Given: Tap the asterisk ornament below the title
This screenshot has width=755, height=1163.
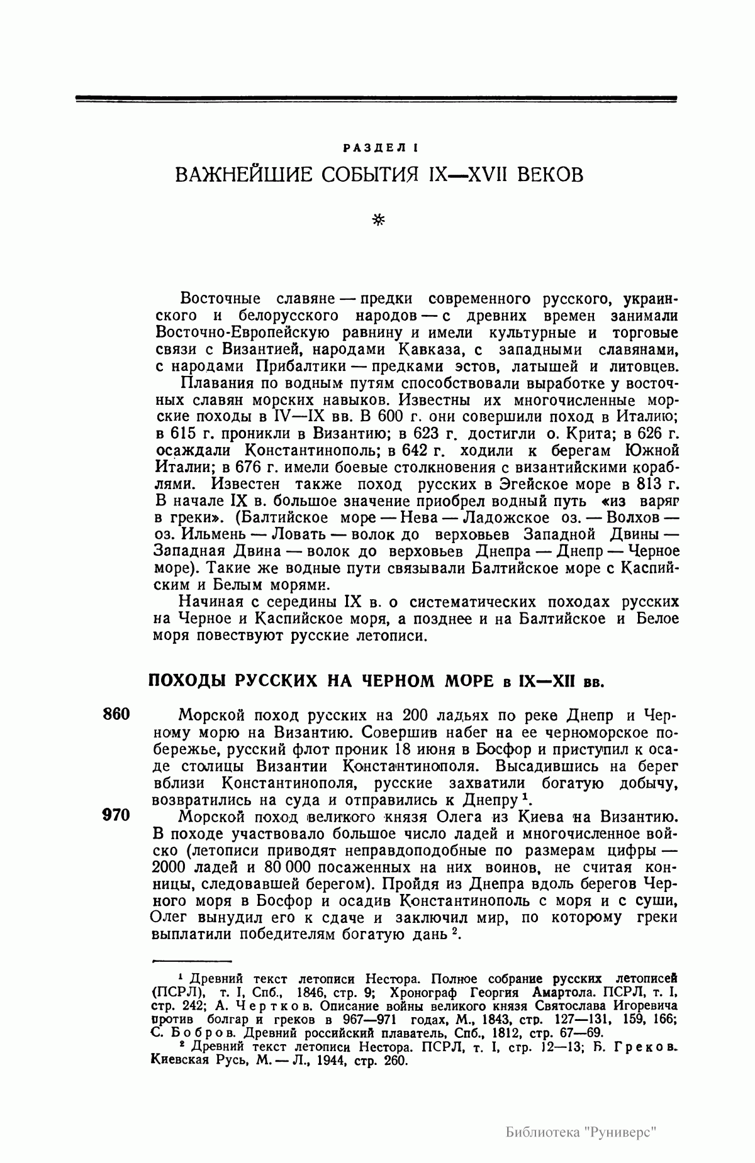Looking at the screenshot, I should tap(378, 219).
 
